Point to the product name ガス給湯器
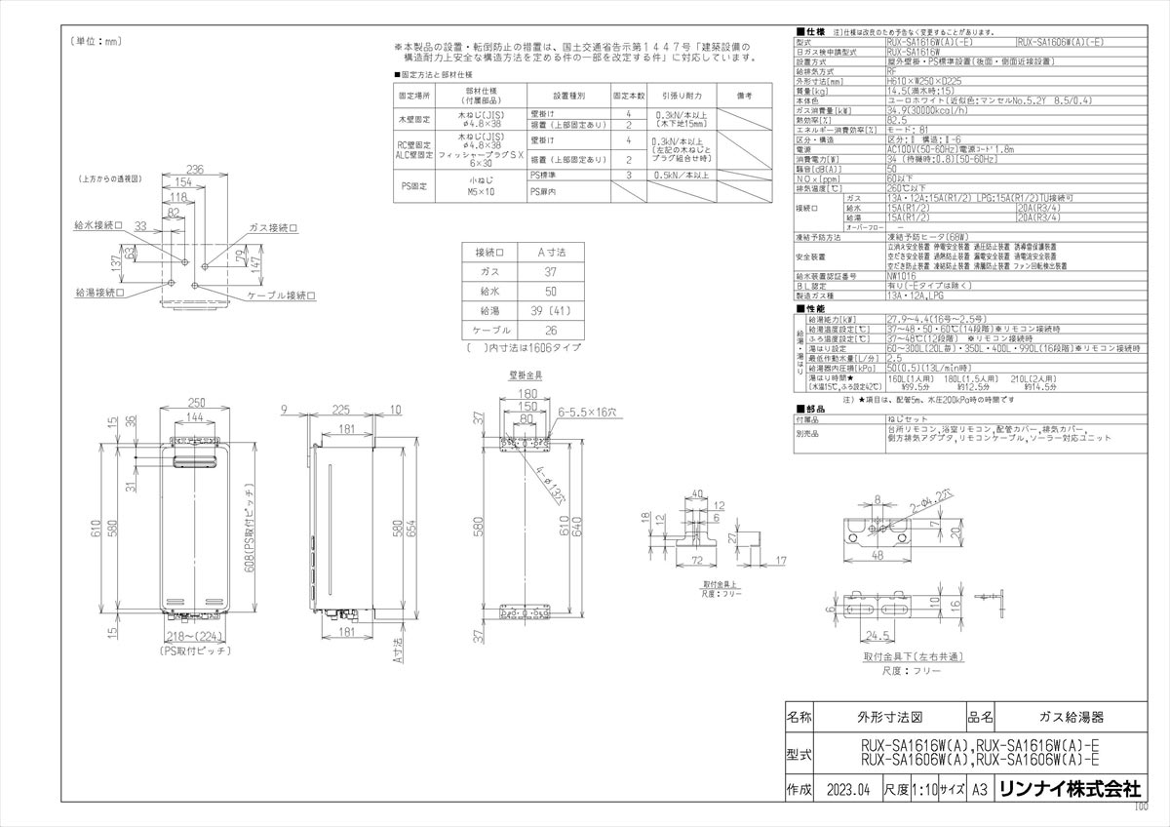1071,717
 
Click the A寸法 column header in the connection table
552,252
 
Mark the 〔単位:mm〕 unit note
95,41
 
